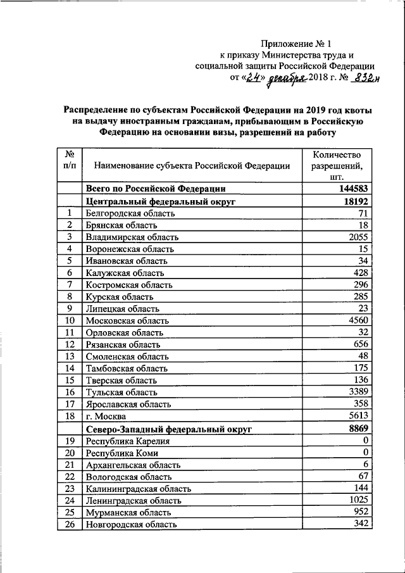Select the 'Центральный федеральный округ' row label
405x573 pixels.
160,201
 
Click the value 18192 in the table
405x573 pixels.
355,201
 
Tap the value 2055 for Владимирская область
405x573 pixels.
358,237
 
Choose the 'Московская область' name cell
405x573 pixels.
127,320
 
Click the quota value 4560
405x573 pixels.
358,320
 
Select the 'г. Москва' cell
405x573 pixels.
106,417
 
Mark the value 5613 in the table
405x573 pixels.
358,416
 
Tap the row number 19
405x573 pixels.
70,441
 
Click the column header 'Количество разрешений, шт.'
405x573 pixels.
337,166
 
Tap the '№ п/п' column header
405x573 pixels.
70,160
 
